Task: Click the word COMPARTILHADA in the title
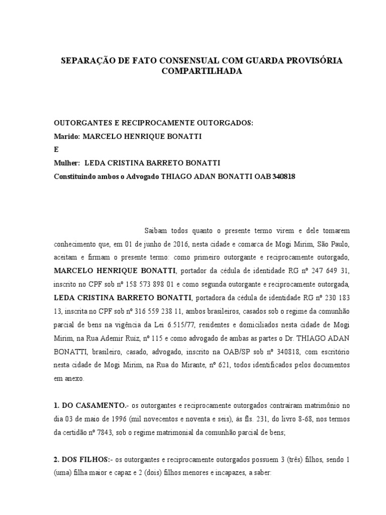click(202, 71)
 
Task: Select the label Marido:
click(66, 136)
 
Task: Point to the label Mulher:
click(67, 163)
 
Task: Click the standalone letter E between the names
click(56, 149)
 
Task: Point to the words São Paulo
click(326, 243)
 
